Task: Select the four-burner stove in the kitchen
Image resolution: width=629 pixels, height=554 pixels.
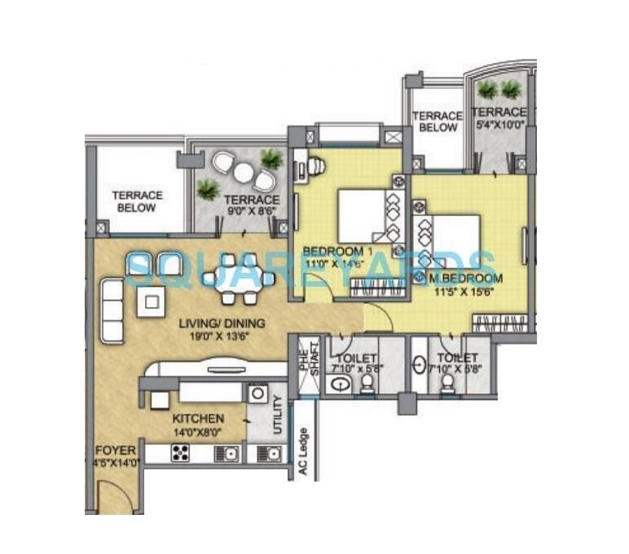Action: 180,454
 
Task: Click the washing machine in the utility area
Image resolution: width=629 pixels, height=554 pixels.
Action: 257,394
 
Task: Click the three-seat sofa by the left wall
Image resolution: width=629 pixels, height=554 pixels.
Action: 111,309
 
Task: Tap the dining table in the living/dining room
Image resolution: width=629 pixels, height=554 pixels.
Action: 239,279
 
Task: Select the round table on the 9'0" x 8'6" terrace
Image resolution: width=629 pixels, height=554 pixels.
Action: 243,173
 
